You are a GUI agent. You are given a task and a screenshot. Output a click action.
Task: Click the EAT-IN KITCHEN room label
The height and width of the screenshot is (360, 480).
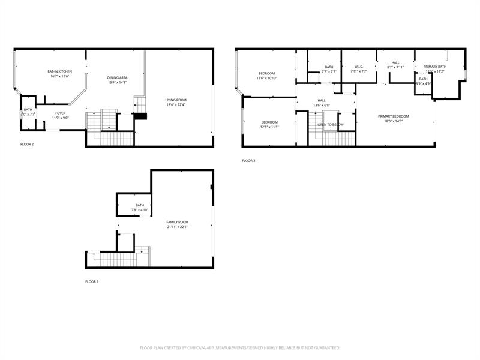pos(60,72)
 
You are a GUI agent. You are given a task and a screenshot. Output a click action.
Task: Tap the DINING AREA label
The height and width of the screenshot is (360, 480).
pos(118,78)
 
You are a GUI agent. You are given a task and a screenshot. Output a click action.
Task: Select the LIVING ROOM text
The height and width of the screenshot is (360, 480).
pos(176,100)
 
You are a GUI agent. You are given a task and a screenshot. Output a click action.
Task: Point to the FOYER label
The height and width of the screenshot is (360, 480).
pos(61,113)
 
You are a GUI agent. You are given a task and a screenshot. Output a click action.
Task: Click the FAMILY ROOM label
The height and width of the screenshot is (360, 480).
pos(178,222)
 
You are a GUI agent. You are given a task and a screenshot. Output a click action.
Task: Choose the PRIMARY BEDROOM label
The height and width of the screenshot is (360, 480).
pos(393,116)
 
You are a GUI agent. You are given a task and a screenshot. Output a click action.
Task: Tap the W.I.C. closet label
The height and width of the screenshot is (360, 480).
pos(359,67)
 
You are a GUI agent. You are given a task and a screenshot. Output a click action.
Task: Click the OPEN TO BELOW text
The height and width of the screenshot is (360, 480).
pos(331,125)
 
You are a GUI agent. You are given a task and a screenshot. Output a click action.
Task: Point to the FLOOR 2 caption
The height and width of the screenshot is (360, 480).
pos(27,144)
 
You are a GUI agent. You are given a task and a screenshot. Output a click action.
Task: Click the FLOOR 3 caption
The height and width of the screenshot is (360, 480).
pos(248,161)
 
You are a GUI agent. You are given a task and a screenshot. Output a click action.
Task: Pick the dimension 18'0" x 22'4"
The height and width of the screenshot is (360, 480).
pos(176,105)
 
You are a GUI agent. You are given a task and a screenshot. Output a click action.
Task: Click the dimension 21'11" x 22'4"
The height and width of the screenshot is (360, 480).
pos(178,227)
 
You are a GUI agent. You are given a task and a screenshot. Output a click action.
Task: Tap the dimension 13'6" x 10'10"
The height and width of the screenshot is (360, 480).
pos(266,78)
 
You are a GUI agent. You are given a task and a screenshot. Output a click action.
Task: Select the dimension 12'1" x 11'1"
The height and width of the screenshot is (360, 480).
pos(269,127)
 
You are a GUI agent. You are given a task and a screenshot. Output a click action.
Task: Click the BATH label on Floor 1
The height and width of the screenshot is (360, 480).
pos(139,205)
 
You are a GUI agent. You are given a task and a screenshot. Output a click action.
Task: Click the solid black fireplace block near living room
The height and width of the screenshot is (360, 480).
pos(140,116)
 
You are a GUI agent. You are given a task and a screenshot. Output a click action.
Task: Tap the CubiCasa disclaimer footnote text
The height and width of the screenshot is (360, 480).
pos(240,348)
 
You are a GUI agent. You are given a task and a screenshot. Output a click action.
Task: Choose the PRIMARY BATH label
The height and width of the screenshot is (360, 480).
pos(434,67)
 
